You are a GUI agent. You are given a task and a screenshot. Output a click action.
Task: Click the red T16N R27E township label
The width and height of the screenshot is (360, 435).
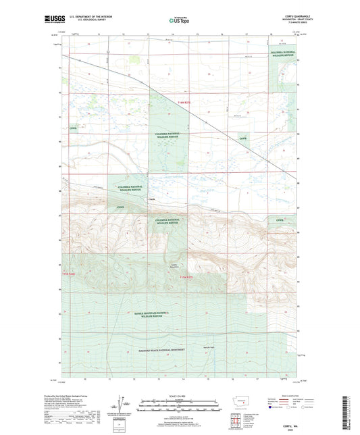189,101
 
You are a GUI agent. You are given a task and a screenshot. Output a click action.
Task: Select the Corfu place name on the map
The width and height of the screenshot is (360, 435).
151,199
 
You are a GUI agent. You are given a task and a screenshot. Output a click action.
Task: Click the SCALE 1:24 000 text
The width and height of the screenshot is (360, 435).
179,395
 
